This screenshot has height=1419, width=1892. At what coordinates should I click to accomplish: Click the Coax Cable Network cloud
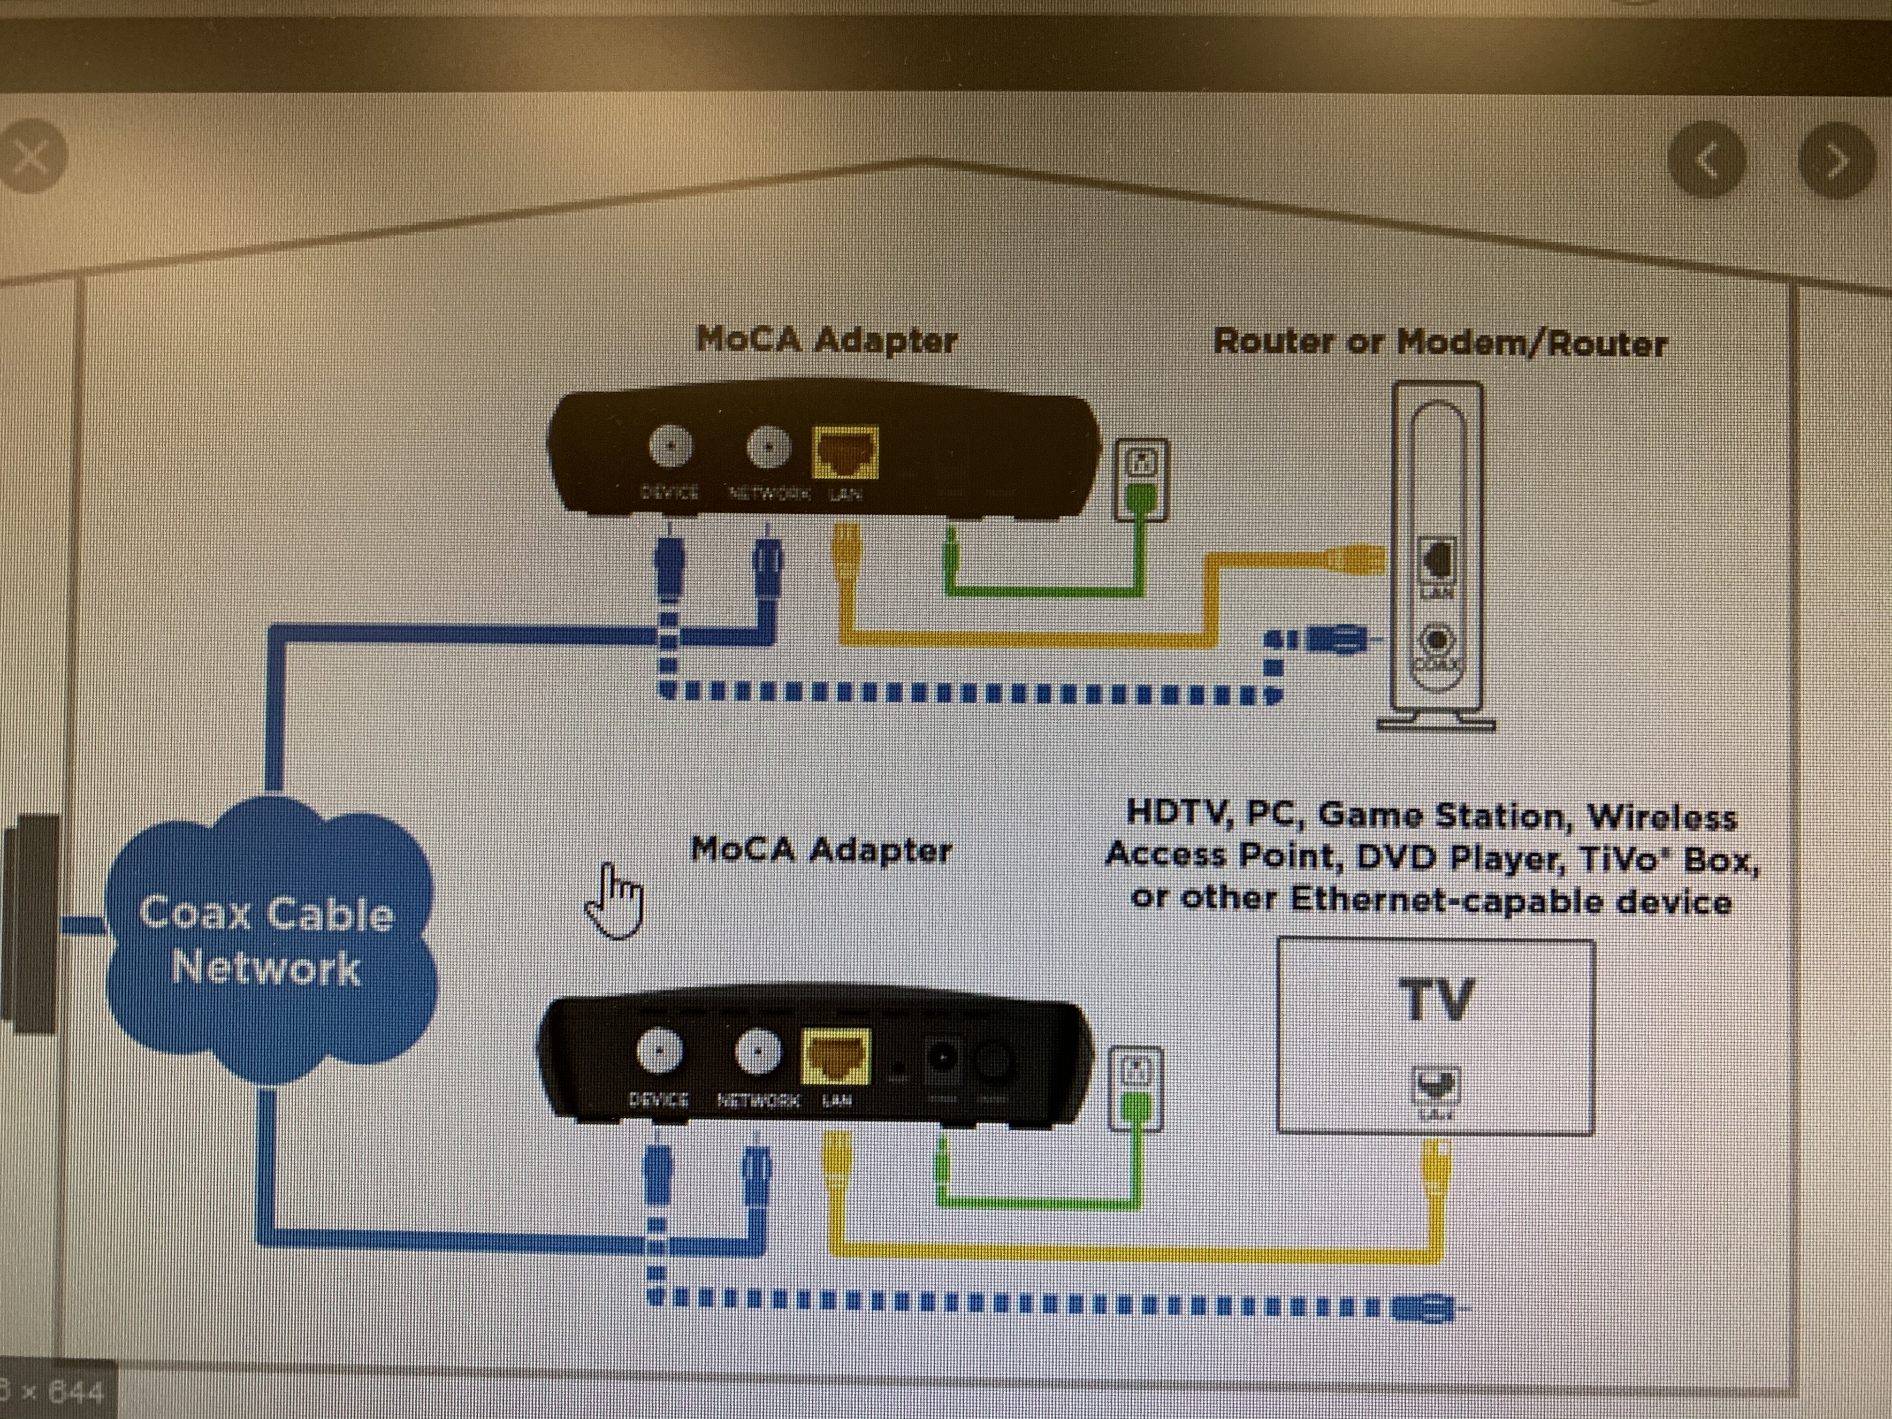click(267, 941)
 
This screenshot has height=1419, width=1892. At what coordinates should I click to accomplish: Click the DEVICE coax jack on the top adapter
click(671, 446)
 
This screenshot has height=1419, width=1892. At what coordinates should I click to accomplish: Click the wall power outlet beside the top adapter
click(1141, 479)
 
